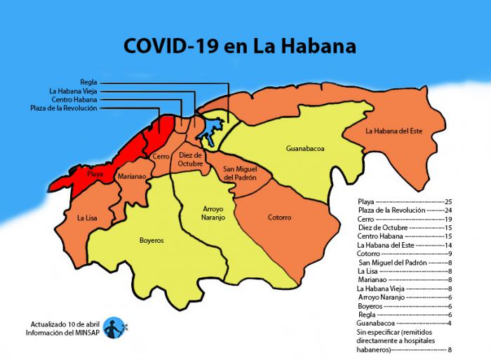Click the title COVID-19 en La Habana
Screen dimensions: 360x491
click(x=239, y=46)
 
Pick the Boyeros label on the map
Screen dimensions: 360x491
click(x=151, y=240)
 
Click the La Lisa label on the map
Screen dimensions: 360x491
click(x=88, y=218)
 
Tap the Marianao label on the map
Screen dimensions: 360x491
click(x=132, y=177)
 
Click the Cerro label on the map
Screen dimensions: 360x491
click(x=161, y=156)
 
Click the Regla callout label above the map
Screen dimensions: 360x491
click(x=88, y=82)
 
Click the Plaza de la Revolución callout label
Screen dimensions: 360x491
click(x=64, y=108)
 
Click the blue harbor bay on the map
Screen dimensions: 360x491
click(x=210, y=128)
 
